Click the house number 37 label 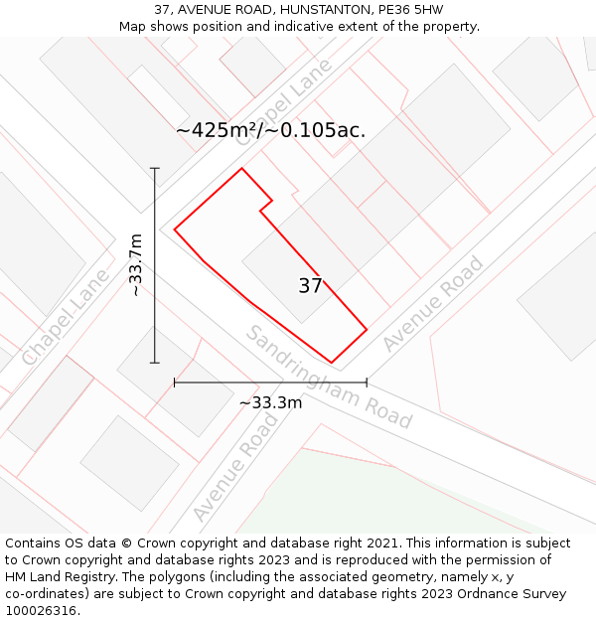[310, 286]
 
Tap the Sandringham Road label [328, 377]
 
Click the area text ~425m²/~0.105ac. [270, 130]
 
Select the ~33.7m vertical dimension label [137, 265]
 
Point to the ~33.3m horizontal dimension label [270, 402]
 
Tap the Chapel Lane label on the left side [66, 316]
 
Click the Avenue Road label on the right [433, 303]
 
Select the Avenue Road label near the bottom [235, 468]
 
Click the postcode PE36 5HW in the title [410, 10]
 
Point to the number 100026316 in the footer [41, 611]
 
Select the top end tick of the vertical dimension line [155, 168]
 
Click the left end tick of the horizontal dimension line [175, 382]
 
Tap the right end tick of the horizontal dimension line [367, 382]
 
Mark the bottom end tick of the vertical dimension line [155, 363]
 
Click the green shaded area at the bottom [397, 497]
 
